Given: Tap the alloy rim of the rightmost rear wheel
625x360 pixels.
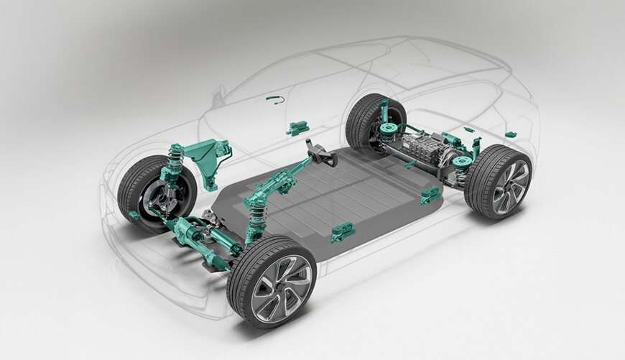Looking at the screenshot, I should (x=510, y=186).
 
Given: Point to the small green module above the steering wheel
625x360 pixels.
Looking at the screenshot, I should (x=297, y=129).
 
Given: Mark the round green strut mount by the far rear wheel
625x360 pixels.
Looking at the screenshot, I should (x=389, y=129).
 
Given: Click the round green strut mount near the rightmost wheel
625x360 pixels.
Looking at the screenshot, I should (x=462, y=162).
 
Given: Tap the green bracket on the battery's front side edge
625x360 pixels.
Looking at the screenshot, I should (x=343, y=232).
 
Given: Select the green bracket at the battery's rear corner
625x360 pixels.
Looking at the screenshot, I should (x=430, y=195).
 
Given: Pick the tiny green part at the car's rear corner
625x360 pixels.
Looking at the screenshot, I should (x=510, y=134).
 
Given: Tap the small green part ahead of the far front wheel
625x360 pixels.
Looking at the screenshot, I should (x=134, y=216).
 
